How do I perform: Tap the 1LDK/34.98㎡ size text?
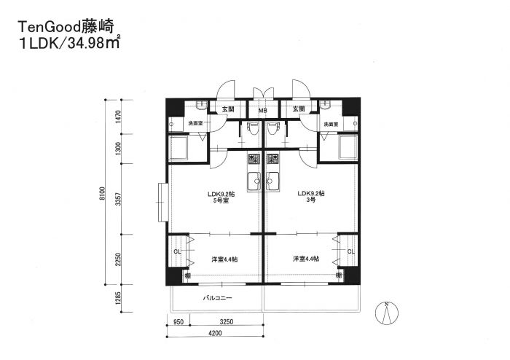coord(68,44)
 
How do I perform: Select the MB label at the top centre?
coord(262,110)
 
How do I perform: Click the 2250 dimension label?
coord(118,261)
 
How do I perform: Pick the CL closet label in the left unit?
coord(177,252)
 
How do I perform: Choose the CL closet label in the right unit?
coord(350,252)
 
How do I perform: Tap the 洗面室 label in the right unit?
coord(331,125)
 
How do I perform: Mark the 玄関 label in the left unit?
coord(228,109)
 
